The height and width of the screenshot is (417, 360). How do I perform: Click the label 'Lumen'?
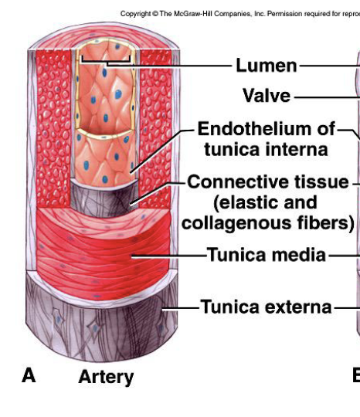tap(267, 66)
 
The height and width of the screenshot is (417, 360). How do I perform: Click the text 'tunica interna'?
tap(263, 148)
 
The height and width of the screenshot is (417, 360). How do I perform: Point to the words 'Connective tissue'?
tap(268, 182)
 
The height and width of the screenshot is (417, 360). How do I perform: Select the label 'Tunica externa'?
tap(266, 307)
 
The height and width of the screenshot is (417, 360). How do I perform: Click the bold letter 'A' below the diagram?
tap(29, 375)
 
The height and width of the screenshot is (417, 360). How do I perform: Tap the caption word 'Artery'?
tap(106, 377)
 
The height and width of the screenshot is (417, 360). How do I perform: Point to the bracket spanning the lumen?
tap(107, 59)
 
